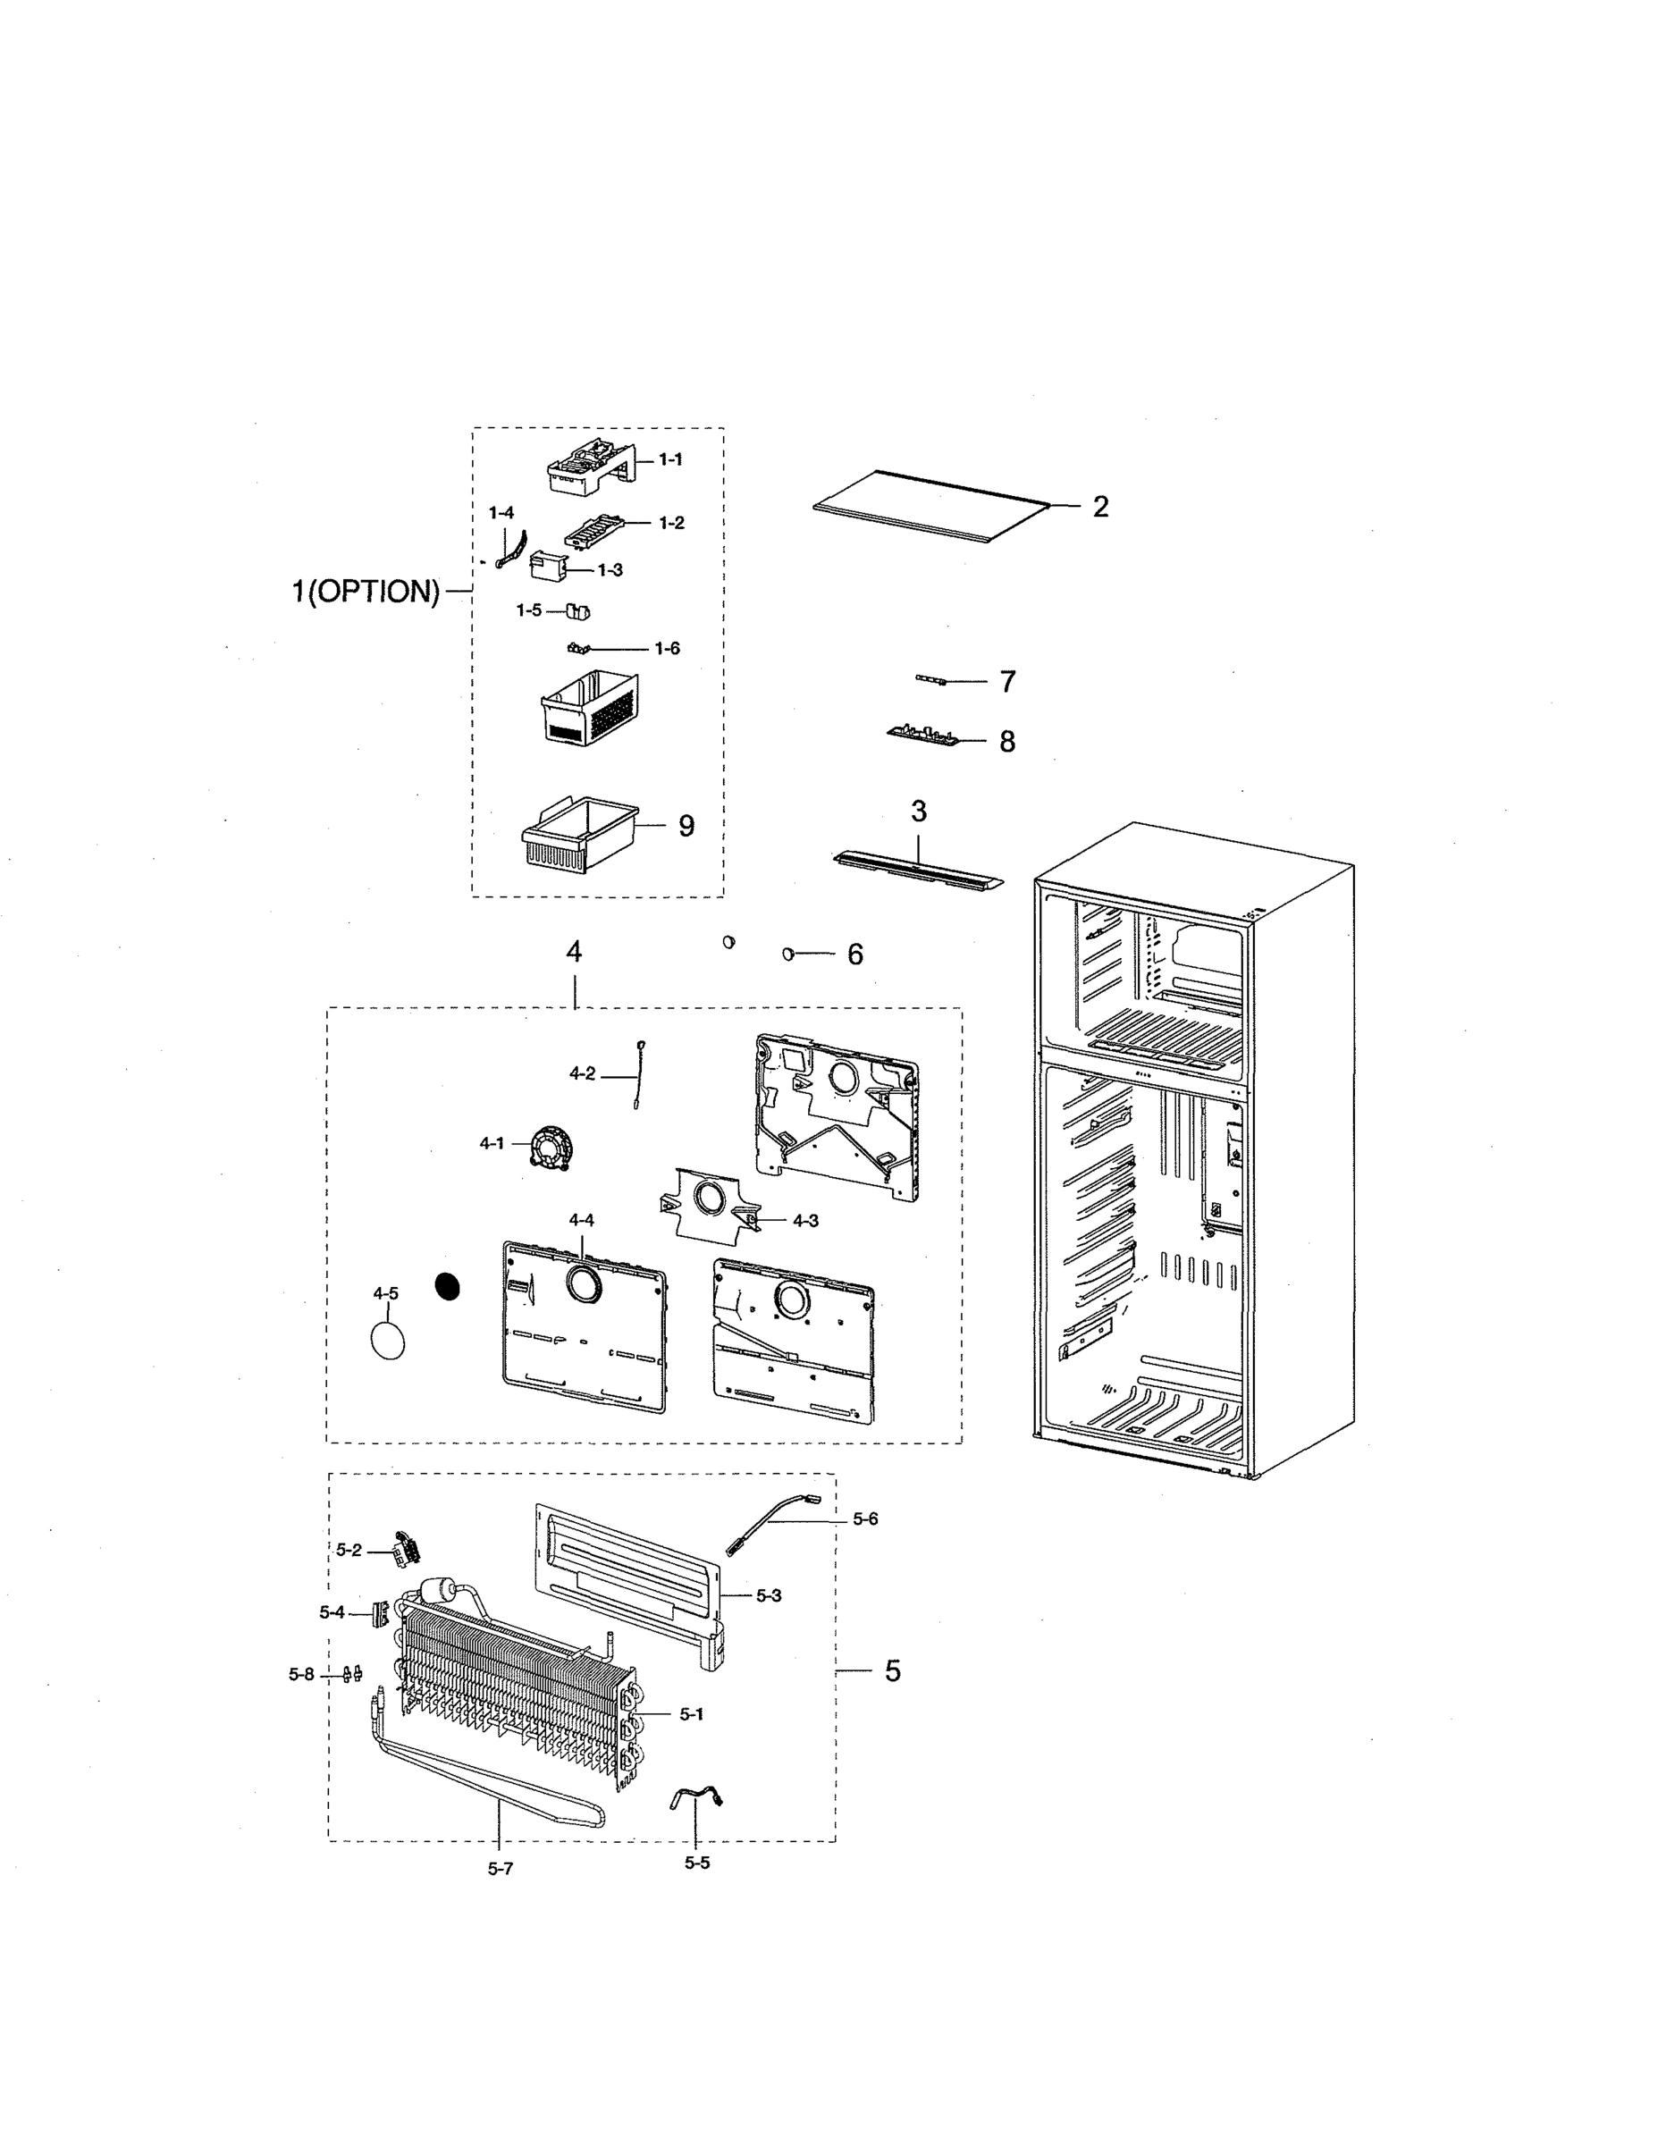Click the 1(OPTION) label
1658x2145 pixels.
[366, 592]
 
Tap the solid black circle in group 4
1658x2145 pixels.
[448, 1287]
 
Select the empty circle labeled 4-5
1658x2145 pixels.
[388, 1340]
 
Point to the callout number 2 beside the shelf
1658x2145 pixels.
[1100, 507]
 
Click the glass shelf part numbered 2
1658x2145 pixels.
[928, 506]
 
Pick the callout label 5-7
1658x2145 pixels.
[500, 1868]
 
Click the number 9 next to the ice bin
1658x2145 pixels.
[686, 826]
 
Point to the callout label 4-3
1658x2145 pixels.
[805, 1221]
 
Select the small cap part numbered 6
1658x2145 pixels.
[787, 953]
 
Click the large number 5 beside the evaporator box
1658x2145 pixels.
[892, 1670]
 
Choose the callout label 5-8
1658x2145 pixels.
[301, 1675]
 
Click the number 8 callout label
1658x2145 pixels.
[1006, 742]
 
